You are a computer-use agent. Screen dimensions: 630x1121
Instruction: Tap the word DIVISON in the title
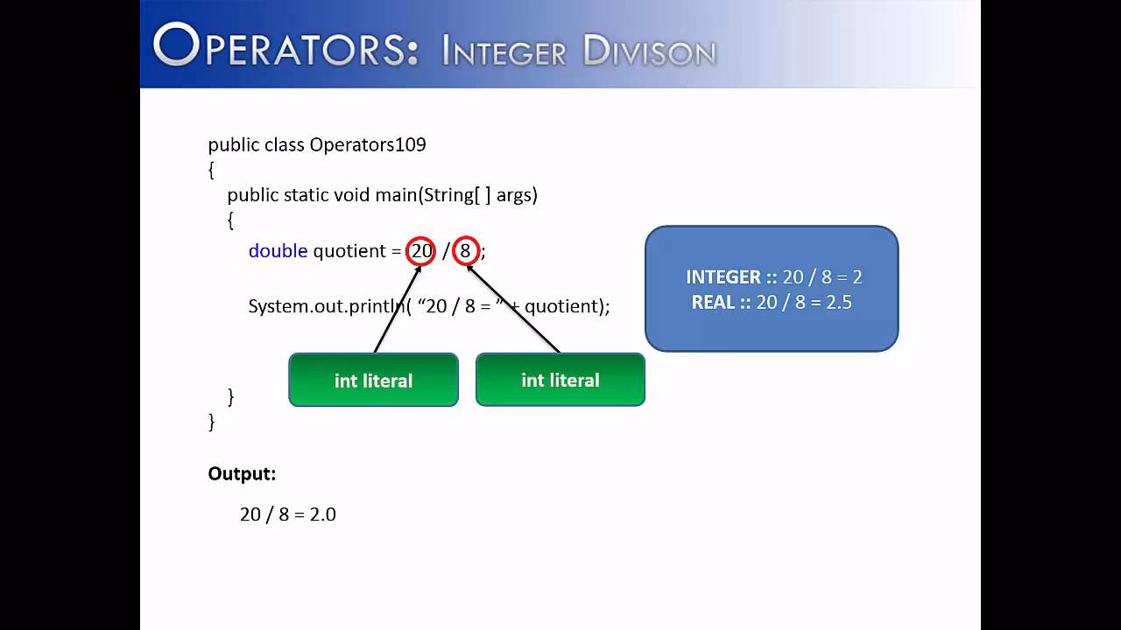click(x=649, y=51)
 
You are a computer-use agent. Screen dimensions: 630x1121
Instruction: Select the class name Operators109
click(x=368, y=144)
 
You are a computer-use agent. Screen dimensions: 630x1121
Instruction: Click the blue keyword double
click(x=278, y=251)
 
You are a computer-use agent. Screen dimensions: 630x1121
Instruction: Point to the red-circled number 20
click(x=421, y=251)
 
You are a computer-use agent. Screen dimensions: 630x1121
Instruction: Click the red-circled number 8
click(x=465, y=251)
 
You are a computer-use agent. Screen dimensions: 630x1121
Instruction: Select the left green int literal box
click(x=373, y=381)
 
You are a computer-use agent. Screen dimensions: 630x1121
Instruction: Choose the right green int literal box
click(x=560, y=380)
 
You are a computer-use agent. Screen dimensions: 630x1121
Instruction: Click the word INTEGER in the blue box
click(x=723, y=277)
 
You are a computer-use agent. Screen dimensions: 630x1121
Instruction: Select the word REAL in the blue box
click(x=713, y=303)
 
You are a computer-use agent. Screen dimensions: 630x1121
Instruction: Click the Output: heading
click(x=242, y=474)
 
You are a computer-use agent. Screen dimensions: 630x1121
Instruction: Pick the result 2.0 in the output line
click(x=322, y=514)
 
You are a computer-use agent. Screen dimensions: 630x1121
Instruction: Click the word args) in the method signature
click(x=517, y=195)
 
